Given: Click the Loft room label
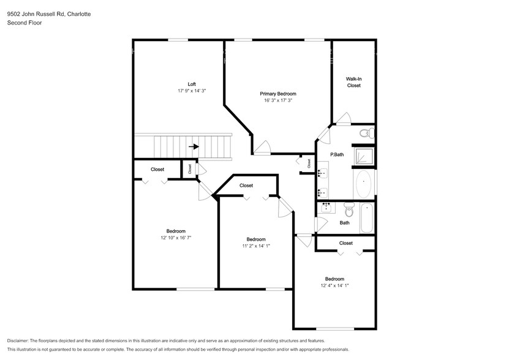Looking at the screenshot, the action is (192, 84).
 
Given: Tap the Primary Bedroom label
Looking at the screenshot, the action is (278, 94).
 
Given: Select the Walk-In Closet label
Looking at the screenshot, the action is (353, 82).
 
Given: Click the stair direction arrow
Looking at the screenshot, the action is (194, 147).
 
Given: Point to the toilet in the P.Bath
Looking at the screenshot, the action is (367, 133).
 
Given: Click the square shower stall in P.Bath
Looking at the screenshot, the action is (364, 156).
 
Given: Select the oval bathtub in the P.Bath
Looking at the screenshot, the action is (364, 184).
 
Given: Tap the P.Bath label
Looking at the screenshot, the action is (337, 154).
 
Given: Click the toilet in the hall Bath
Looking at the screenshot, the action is (349, 209).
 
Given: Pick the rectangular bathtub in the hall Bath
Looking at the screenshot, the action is (367, 218).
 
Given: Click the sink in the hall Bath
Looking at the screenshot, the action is (326, 207).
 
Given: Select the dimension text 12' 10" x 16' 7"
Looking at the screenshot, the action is (176, 238).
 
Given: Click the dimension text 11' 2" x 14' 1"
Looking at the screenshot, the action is (256, 246).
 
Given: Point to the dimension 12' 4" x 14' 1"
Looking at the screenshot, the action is (334, 285).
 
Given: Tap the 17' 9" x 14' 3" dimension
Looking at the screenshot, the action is (192, 91).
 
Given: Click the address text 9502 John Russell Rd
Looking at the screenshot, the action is (36, 14).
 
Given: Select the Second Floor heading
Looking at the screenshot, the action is (25, 23).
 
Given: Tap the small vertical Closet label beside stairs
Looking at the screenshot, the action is (190, 168).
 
